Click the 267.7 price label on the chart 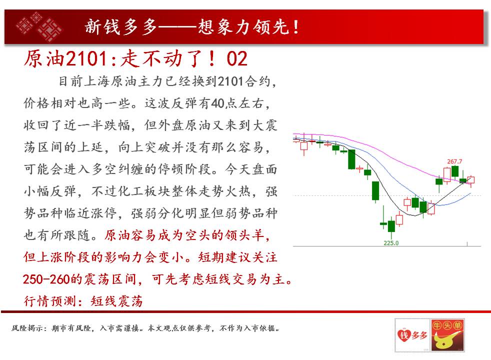click(x=454, y=161)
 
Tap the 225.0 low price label click(x=391, y=243)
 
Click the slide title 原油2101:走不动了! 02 click(x=135, y=58)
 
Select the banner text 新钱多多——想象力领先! click(x=191, y=26)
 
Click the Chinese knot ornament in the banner click(x=39, y=26)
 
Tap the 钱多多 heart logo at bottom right click(x=412, y=335)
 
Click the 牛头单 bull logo click(x=447, y=335)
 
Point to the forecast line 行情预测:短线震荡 click(x=83, y=301)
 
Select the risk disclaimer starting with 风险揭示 click(x=145, y=328)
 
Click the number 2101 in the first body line click(x=230, y=81)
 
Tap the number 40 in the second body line click(x=217, y=103)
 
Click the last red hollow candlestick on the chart click(x=470, y=180)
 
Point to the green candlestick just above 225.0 click(x=391, y=226)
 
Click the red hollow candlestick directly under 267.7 click(x=447, y=174)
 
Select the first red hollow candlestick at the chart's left click(x=303, y=146)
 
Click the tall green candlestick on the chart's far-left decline click(x=351, y=159)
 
